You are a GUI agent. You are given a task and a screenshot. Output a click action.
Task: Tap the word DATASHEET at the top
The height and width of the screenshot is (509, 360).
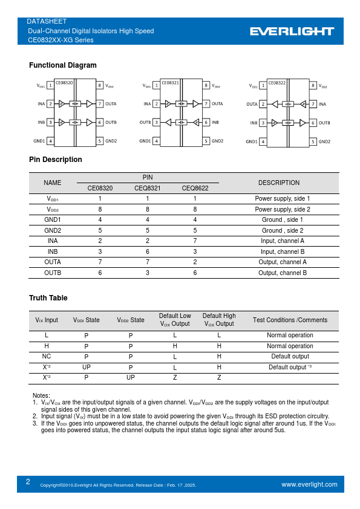[x=47, y=21]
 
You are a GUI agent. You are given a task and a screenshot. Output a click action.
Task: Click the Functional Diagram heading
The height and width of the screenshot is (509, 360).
[x=62, y=65]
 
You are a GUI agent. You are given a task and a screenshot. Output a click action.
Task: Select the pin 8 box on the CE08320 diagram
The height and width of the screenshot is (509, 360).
[x=99, y=86]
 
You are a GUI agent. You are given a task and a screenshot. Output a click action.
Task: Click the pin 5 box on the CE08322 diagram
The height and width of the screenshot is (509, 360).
[x=313, y=141]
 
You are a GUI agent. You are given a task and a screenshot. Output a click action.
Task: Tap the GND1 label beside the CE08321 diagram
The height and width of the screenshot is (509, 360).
[x=145, y=141]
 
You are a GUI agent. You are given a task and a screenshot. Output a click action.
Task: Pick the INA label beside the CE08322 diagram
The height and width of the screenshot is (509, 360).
[x=322, y=104]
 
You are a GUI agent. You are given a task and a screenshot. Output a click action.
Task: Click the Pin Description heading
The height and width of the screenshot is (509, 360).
[x=56, y=160]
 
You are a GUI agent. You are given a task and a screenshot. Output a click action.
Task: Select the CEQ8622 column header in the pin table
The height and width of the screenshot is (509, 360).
[x=195, y=188]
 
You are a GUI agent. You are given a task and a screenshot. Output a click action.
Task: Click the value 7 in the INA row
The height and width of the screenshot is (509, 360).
[x=195, y=241]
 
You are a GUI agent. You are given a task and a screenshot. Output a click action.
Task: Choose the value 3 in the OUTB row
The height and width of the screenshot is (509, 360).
[x=148, y=273]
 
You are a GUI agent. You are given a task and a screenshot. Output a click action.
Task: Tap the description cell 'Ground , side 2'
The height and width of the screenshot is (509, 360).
[x=283, y=230]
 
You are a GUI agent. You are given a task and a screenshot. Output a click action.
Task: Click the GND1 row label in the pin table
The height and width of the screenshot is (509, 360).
[x=53, y=220]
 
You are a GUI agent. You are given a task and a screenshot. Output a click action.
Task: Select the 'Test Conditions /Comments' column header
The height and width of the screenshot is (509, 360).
[x=290, y=320]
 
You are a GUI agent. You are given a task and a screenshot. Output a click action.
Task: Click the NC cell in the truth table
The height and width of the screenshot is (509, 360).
[x=47, y=357]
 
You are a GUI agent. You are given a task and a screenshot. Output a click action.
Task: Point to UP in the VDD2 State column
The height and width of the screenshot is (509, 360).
[x=131, y=378]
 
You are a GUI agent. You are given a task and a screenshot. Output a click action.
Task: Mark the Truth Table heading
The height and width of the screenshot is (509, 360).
[x=48, y=298]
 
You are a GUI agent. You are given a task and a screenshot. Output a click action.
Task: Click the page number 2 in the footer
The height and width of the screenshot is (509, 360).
[x=28, y=482]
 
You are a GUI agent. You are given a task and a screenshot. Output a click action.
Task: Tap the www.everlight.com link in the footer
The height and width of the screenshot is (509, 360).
[x=309, y=484]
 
